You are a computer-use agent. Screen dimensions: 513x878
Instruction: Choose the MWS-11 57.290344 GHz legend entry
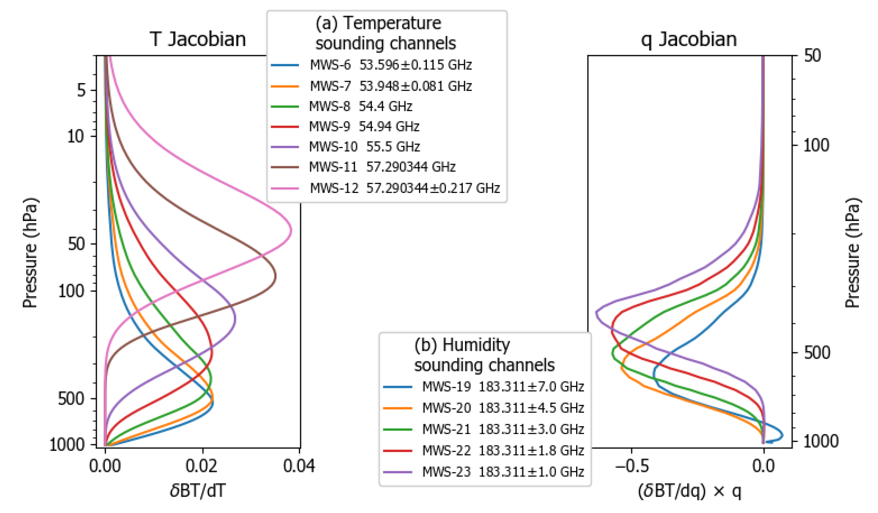(x=382, y=167)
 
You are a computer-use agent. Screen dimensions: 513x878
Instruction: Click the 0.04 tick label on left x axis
(x=299, y=466)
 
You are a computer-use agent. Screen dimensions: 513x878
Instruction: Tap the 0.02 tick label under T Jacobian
(x=201, y=466)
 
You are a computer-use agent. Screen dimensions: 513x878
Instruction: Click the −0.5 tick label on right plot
(x=632, y=466)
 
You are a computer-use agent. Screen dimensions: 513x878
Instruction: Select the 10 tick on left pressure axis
(x=76, y=136)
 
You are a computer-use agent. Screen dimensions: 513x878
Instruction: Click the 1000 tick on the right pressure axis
(x=821, y=441)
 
